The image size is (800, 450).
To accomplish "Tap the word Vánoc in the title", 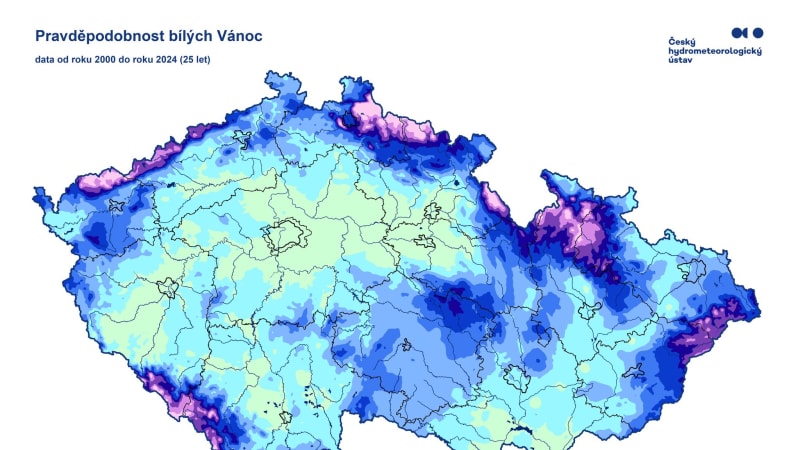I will tap(239, 36).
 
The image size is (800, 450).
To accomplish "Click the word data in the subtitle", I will tap(44, 60).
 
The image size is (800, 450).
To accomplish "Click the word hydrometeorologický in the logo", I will tap(714, 51).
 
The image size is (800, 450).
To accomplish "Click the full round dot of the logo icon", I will tap(757, 32).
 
